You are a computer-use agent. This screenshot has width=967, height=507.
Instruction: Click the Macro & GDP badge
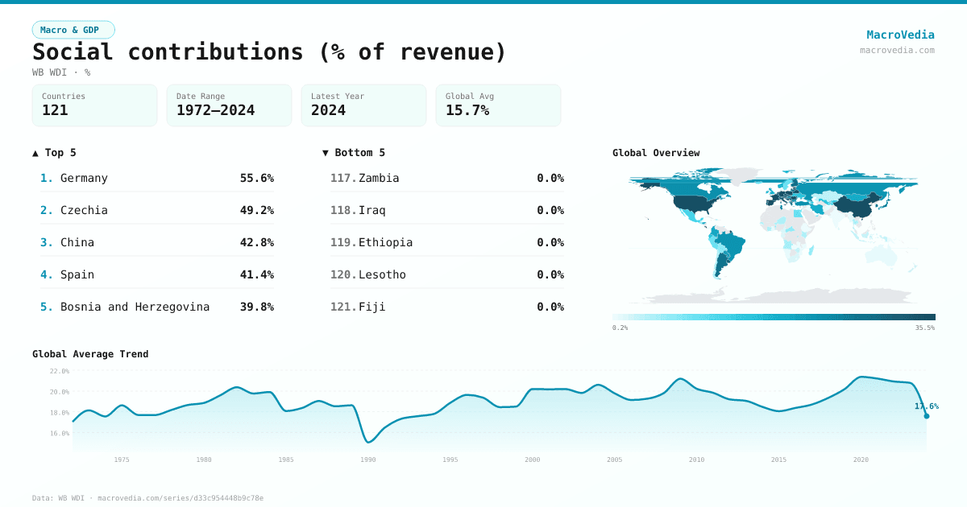pyautogui.click(x=73, y=30)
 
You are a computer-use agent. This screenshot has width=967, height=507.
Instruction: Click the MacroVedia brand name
pyautogui.click(x=900, y=35)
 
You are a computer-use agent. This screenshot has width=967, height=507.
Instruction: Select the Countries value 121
pyautogui.click(x=55, y=110)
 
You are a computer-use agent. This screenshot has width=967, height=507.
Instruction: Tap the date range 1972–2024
pyautogui.click(x=215, y=110)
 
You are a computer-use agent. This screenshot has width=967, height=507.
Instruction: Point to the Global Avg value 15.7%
pyautogui.click(x=467, y=110)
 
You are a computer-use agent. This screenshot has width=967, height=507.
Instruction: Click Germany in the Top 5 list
pyautogui.click(x=84, y=178)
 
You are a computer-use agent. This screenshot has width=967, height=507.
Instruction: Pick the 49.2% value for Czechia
pyautogui.click(x=256, y=210)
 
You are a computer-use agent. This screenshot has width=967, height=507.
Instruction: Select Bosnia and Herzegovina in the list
pyautogui.click(x=135, y=307)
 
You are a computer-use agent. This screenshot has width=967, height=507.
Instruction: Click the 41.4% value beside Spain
pyautogui.click(x=256, y=274)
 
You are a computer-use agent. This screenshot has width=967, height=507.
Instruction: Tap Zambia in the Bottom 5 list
pyautogui.click(x=379, y=178)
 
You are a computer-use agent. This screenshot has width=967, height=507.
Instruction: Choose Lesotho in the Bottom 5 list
pyautogui.click(x=382, y=274)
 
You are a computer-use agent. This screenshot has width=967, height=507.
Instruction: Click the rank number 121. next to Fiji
pyautogui.click(x=342, y=307)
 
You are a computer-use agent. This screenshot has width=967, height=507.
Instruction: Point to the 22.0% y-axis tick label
pyautogui.click(x=60, y=371)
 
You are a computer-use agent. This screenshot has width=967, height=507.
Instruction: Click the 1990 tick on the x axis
pyautogui.click(x=368, y=460)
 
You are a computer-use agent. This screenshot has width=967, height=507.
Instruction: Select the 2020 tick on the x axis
pyautogui.click(x=861, y=460)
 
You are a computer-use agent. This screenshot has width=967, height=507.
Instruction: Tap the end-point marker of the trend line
pyautogui.click(x=927, y=416)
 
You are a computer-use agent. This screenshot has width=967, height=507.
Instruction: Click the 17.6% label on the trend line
pyautogui.click(x=926, y=406)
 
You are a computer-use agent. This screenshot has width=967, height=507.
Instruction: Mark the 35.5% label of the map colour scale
pyautogui.click(x=924, y=328)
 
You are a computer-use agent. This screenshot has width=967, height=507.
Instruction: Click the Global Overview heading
pyautogui.click(x=656, y=153)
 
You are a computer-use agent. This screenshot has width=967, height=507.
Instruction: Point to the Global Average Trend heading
pyautogui.click(x=90, y=354)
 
